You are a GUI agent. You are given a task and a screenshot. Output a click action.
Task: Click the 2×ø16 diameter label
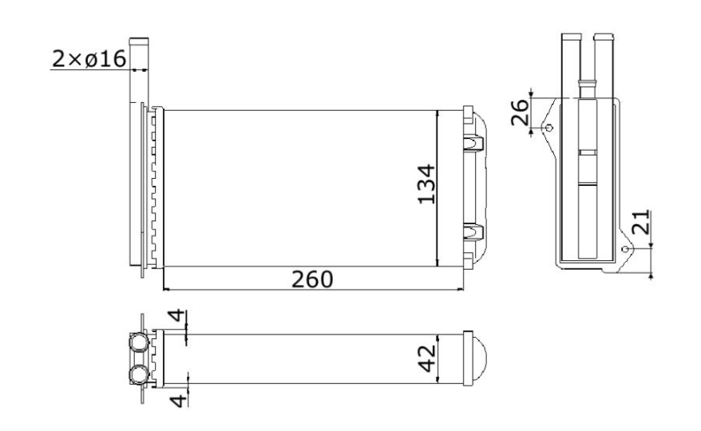coord(89,59)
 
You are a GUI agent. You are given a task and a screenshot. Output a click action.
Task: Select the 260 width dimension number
coord(312,279)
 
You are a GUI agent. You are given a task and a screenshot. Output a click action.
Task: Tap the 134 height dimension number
coord(426,184)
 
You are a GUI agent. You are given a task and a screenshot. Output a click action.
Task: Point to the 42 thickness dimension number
coord(427,358)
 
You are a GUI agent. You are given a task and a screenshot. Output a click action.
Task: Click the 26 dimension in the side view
coord(520,113)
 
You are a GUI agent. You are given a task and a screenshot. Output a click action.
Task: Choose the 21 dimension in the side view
coord(641,222)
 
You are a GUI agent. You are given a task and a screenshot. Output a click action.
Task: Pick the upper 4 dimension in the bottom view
coord(177,315)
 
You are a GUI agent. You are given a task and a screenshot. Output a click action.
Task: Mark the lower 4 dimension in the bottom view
coord(179,400)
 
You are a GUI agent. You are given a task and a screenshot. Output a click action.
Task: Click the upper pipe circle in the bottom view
coord(139,342)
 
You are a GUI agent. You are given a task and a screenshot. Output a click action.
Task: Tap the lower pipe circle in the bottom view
coord(139,374)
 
